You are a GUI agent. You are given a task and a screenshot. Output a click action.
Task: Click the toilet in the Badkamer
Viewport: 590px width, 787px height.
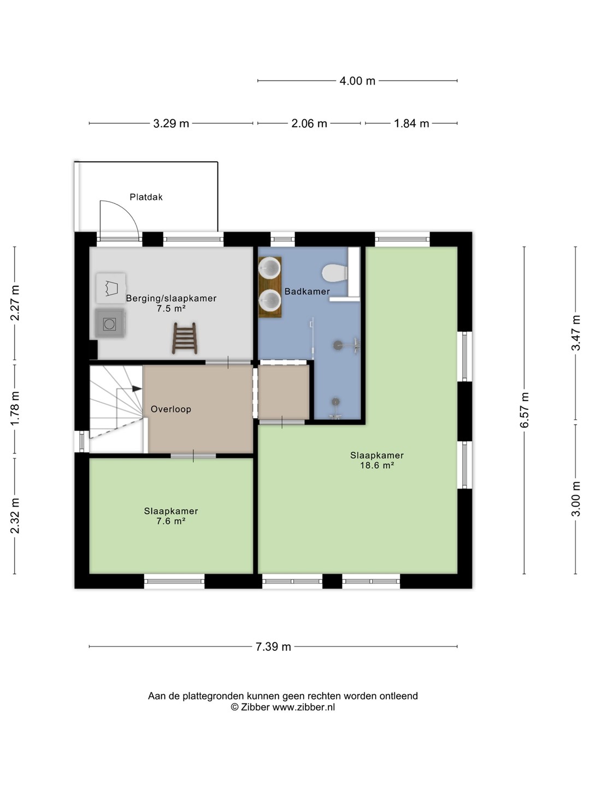(x=335, y=274)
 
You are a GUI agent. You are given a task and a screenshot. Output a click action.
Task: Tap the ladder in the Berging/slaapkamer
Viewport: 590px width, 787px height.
(x=185, y=338)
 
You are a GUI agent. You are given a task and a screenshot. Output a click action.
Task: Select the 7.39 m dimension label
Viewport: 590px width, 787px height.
(x=273, y=647)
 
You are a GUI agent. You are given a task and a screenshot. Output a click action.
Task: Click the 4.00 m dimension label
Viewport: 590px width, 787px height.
(x=357, y=81)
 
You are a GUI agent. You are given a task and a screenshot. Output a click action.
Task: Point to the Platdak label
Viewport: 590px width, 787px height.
(x=146, y=197)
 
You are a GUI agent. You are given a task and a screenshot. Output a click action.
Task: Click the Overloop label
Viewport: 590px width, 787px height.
(x=171, y=409)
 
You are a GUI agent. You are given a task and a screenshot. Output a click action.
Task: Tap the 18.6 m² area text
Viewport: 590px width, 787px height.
(x=377, y=466)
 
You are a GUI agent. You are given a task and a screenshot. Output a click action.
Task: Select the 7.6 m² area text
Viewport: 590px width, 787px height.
(x=171, y=521)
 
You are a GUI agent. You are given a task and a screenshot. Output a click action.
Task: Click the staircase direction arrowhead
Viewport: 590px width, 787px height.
(x=137, y=389)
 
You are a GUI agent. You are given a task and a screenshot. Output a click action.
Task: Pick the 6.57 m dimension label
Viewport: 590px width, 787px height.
(x=524, y=410)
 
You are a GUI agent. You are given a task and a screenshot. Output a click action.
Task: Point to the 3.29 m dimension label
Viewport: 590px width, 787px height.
(x=171, y=124)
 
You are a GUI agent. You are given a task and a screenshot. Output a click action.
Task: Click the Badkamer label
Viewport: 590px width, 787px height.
(x=307, y=291)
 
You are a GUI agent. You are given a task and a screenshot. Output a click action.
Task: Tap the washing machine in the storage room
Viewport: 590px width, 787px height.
(x=110, y=324)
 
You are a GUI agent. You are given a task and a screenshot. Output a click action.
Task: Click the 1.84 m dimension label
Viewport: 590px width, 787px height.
(x=411, y=124)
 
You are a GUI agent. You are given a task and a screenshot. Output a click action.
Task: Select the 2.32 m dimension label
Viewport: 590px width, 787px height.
(x=15, y=516)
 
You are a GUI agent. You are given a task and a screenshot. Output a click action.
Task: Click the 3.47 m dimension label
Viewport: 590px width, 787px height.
(x=576, y=333)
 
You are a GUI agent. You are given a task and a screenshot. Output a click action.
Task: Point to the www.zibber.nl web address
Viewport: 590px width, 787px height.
(x=304, y=707)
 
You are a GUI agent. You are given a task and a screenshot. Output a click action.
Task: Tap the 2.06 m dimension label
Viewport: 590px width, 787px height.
(x=309, y=124)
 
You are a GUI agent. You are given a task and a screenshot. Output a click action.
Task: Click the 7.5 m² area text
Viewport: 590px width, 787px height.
(x=171, y=308)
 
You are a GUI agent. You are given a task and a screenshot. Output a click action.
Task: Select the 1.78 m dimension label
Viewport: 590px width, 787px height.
(x=15, y=409)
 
